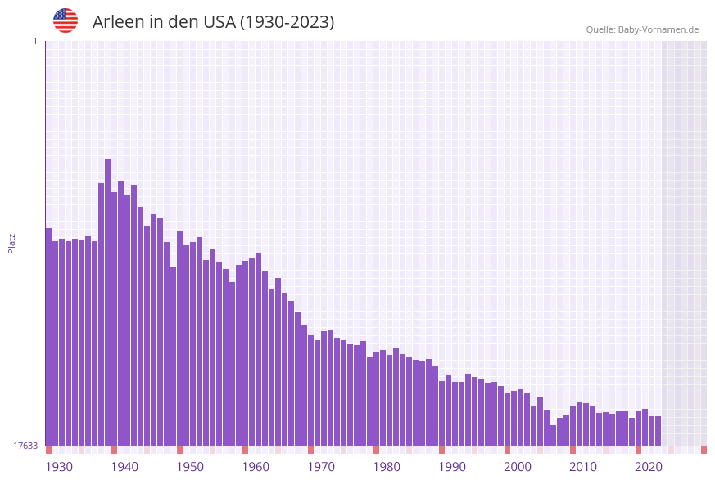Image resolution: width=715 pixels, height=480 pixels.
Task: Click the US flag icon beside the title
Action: (x=66, y=20)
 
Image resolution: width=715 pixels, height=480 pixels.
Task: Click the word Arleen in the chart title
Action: (x=118, y=22)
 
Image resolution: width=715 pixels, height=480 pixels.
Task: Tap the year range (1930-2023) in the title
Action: (x=287, y=22)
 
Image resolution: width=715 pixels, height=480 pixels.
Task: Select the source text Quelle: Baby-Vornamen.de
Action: (x=642, y=29)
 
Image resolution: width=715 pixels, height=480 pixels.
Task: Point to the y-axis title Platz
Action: (x=11, y=243)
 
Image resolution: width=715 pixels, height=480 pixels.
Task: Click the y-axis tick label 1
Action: (x=34, y=41)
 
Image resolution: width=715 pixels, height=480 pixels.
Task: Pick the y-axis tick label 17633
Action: (x=25, y=446)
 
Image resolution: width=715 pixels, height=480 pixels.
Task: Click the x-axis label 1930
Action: (x=59, y=467)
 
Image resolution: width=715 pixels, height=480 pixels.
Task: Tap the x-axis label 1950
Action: (x=190, y=467)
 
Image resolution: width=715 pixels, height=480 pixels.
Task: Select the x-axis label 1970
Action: (x=321, y=467)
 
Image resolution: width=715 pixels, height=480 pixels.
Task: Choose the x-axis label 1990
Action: (x=452, y=467)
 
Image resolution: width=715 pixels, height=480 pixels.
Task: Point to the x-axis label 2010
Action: (x=583, y=467)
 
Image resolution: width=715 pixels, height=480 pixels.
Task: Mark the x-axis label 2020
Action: (x=649, y=467)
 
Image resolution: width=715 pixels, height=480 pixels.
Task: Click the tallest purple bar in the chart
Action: (x=107, y=303)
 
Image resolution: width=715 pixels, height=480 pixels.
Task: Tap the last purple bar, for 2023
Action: (x=658, y=431)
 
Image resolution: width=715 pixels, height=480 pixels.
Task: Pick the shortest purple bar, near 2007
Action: (x=553, y=435)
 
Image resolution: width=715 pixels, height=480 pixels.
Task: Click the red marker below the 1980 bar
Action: (x=376, y=450)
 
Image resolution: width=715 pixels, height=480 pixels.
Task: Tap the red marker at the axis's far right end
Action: (x=704, y=450)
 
